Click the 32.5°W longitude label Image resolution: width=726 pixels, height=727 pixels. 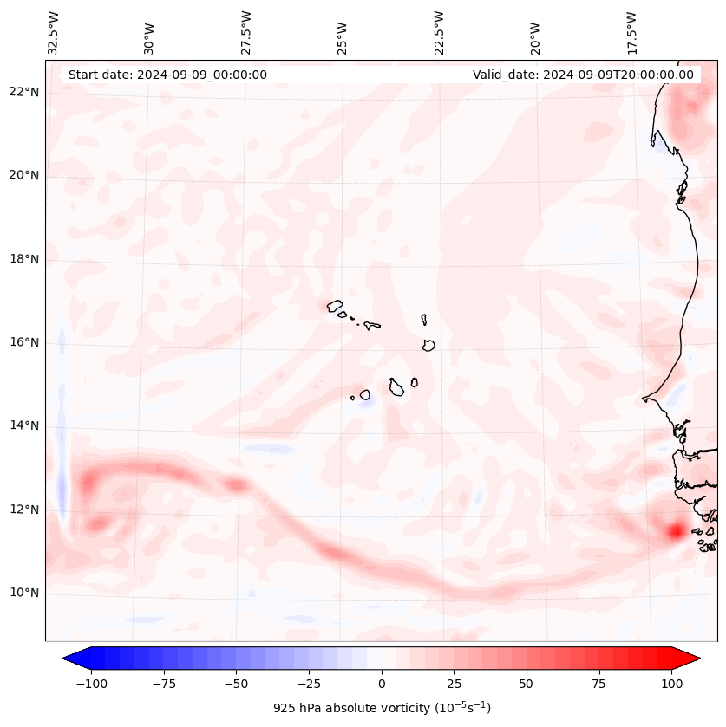54,33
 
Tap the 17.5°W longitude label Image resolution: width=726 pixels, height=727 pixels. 632,33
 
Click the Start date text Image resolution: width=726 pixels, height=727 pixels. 167,75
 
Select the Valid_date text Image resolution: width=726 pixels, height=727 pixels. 583,75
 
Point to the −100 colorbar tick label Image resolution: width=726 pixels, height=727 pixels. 92,684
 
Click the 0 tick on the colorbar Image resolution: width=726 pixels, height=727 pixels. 382,684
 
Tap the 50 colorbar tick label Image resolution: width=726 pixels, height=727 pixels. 527,684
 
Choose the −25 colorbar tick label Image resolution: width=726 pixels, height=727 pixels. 309,684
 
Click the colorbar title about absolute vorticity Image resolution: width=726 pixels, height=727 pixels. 382,708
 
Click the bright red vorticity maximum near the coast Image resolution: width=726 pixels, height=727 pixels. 674,530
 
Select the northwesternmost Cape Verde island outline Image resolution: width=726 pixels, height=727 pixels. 335,305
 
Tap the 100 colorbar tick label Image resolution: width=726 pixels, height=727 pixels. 671,684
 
